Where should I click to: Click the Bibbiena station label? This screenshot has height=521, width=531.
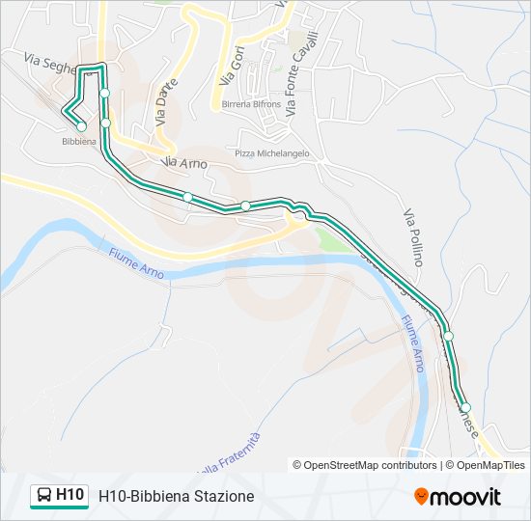tap(78, 141)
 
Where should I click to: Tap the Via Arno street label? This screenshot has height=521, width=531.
tap(185, 164)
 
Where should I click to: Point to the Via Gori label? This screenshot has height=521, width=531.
tap(228, 65)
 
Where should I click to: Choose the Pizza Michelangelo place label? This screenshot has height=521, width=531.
tap(272, 153)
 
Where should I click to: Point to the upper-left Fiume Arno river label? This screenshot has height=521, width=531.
tap(135, 265)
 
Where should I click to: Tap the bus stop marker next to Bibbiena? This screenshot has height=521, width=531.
tap(81, 126)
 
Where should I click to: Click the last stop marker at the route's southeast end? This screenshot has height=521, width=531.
tap(465, 408)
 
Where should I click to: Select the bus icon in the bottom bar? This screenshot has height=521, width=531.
tap(43, 496)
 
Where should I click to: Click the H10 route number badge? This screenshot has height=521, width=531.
tap(70, 495)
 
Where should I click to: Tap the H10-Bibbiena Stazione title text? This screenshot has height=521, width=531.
tap(176, 496)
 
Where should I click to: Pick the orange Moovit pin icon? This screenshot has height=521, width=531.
tap(421, 496)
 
